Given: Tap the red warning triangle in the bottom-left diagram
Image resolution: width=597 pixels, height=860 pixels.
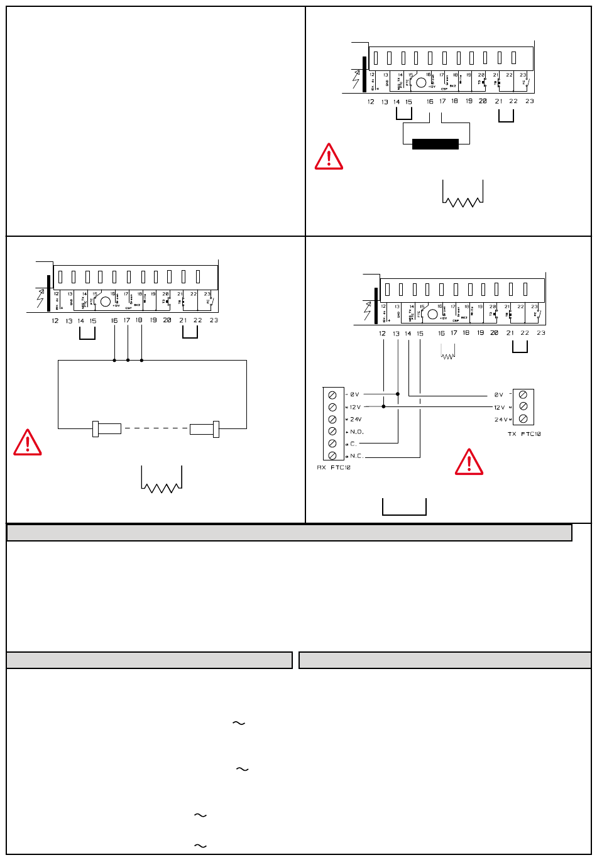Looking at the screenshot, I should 28,442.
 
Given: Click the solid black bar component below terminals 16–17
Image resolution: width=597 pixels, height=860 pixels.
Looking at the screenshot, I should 435,144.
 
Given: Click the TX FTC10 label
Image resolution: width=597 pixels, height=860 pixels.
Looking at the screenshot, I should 523,434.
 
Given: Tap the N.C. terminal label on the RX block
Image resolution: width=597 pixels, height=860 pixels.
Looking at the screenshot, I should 357,456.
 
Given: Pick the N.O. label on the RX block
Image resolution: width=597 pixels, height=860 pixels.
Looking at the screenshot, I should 357,432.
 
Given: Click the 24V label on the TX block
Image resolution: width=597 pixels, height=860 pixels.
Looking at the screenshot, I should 501,419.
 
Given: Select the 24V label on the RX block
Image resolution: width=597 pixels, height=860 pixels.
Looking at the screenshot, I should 356,419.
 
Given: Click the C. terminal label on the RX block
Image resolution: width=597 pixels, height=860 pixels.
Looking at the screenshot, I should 354,444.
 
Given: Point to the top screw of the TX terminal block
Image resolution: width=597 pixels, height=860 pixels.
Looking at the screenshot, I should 523,395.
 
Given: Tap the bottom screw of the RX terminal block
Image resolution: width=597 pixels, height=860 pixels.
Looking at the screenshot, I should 332,456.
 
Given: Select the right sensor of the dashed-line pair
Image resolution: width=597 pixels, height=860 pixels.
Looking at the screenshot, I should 204,428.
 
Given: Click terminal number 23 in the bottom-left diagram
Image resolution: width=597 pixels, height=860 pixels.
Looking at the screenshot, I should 214,320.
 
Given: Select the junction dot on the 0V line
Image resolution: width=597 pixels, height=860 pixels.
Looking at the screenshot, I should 397,394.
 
